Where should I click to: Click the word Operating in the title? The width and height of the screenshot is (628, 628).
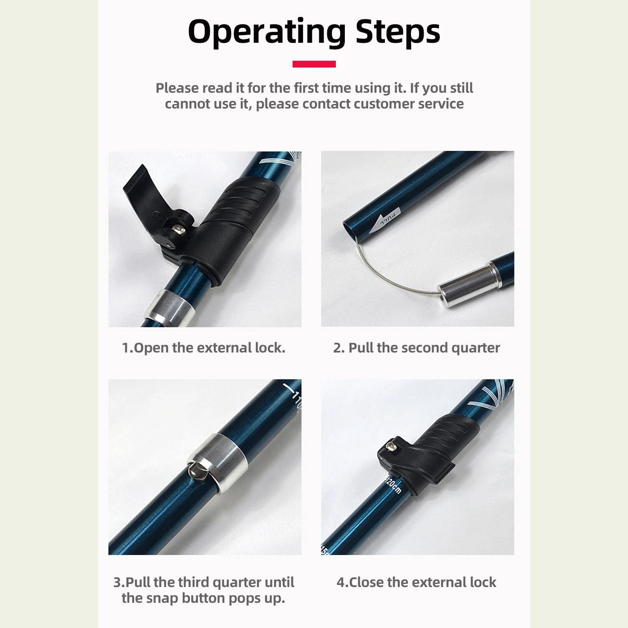(267, 32)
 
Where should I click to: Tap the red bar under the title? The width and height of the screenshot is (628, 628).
(314, 64)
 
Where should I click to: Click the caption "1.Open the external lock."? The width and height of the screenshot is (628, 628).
(203, 348)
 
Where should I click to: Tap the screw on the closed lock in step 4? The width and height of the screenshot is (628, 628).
(391, 446)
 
